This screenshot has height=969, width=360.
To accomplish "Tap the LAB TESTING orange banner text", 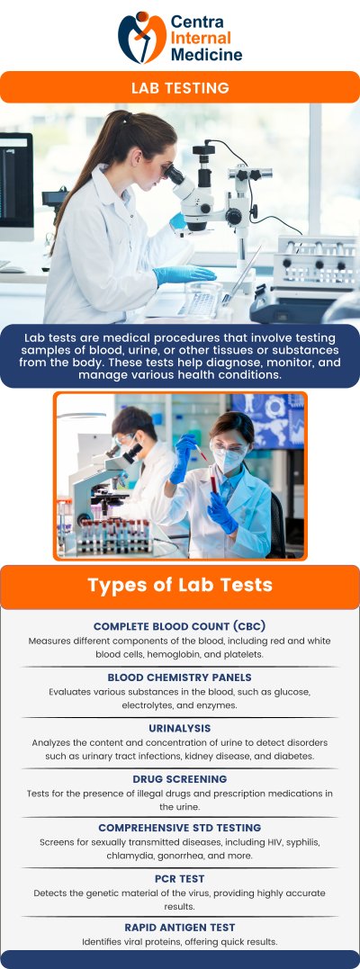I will click(x=180, y=88).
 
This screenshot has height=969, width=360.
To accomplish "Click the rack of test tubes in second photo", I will click(x=112, y=536).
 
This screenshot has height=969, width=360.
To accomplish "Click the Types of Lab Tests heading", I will click(x=180, y=586).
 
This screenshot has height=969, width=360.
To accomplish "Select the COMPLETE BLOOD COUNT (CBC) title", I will click(x=180, y=625).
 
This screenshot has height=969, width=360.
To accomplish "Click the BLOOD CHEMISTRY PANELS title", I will click(x=180, y=677).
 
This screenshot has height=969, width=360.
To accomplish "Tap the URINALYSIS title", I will click(x=180, y=727).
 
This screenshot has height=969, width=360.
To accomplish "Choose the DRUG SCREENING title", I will click(x=180, y=778).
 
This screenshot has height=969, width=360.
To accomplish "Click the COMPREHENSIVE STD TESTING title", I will click(x=180, y=828).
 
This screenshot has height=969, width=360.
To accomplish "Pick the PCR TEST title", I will click(x=180, y=878).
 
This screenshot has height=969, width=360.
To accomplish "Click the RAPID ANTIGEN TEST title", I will click(x=180, y=927).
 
